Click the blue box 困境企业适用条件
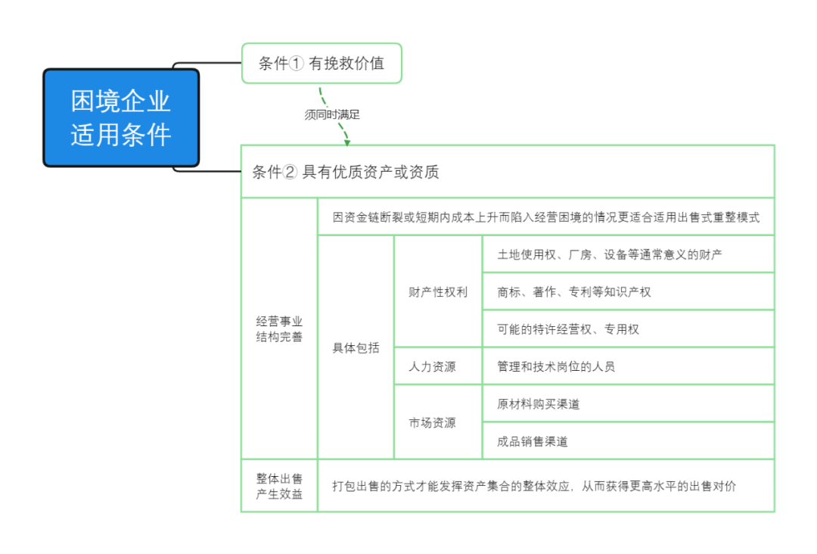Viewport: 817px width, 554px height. click(121, 118)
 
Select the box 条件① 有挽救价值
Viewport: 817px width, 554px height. click(322, 64)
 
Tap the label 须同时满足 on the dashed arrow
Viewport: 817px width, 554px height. click(331, 115)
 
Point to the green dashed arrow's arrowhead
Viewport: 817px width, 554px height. click(346, 140)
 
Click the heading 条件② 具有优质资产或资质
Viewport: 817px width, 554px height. click(345, 173)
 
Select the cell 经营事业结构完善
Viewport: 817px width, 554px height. click(279, 329)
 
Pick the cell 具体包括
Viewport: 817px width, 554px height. click(356, 348)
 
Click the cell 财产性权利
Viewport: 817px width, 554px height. click(438, 292)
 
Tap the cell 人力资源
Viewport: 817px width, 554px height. click(432, 366)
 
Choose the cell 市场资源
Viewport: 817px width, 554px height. click(432, 422)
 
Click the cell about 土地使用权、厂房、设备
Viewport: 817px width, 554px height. click(609, 254)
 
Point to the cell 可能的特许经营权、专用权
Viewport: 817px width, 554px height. click(568, 329)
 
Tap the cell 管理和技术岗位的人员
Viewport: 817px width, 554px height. click(556, 366)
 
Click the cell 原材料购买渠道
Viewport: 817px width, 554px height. click(539, 404)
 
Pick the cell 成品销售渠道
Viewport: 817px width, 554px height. click(533, 441)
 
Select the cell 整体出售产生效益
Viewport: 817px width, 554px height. click(279, 486)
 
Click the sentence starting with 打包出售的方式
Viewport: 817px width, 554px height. click(533, 486)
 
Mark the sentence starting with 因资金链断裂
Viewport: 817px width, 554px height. click(545, 217)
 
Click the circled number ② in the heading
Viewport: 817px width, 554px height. click(290, 173)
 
